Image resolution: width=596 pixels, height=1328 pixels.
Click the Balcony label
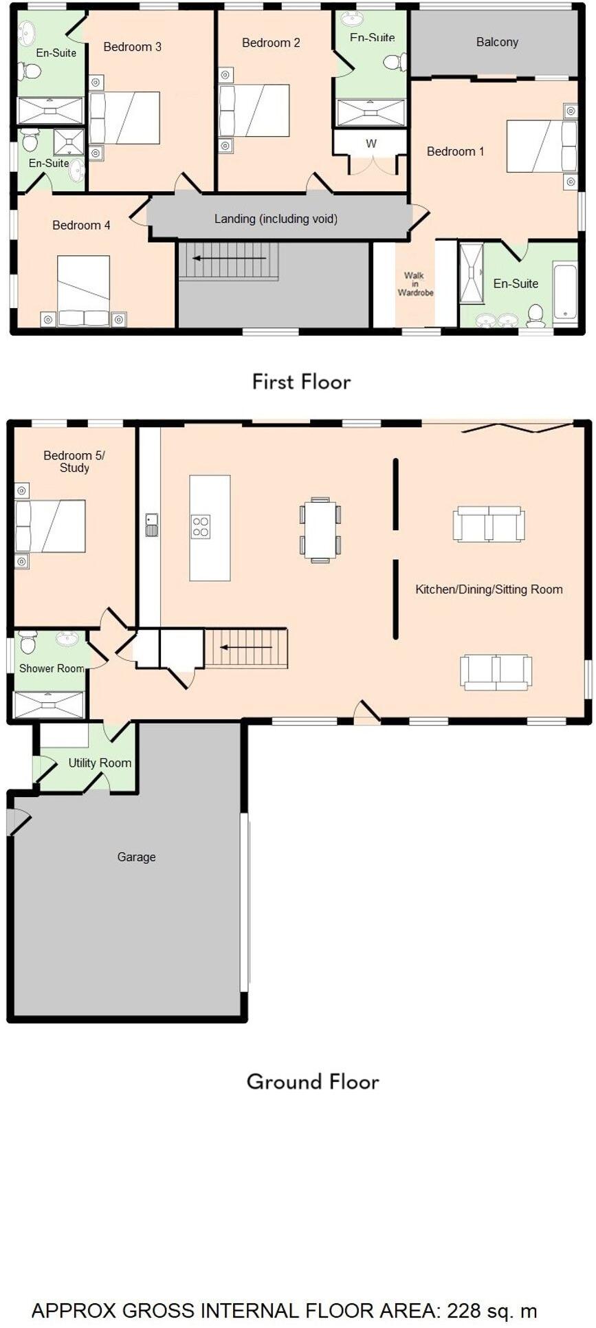pos(496,42)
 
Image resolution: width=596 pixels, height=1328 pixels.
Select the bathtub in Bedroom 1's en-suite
pos(565,292)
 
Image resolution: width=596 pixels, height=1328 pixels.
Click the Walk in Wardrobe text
pos(415,284)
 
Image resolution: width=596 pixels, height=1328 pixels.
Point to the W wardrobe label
pos(371,144)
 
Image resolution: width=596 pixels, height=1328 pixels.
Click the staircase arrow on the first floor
pos(229,259)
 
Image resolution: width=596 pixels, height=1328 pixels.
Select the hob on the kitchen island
pos(201,527)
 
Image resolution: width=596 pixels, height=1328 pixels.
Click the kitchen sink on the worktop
pos(152,525)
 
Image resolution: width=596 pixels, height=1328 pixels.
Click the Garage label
pos(136,857)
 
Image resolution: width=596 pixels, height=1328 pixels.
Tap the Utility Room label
pos(100,763)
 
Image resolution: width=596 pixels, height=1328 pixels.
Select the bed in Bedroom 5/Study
pos(51,526)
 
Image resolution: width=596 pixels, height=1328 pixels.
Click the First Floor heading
pos(301,382)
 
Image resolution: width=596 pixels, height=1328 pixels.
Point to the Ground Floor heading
pos(313,1082)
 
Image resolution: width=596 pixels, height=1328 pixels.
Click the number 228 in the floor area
pos(464,1310)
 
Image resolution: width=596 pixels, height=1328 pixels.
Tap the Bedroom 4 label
pos(81,225)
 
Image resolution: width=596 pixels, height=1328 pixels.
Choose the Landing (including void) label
pos(276,219)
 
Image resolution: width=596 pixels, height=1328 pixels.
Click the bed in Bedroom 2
pos(254,111)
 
